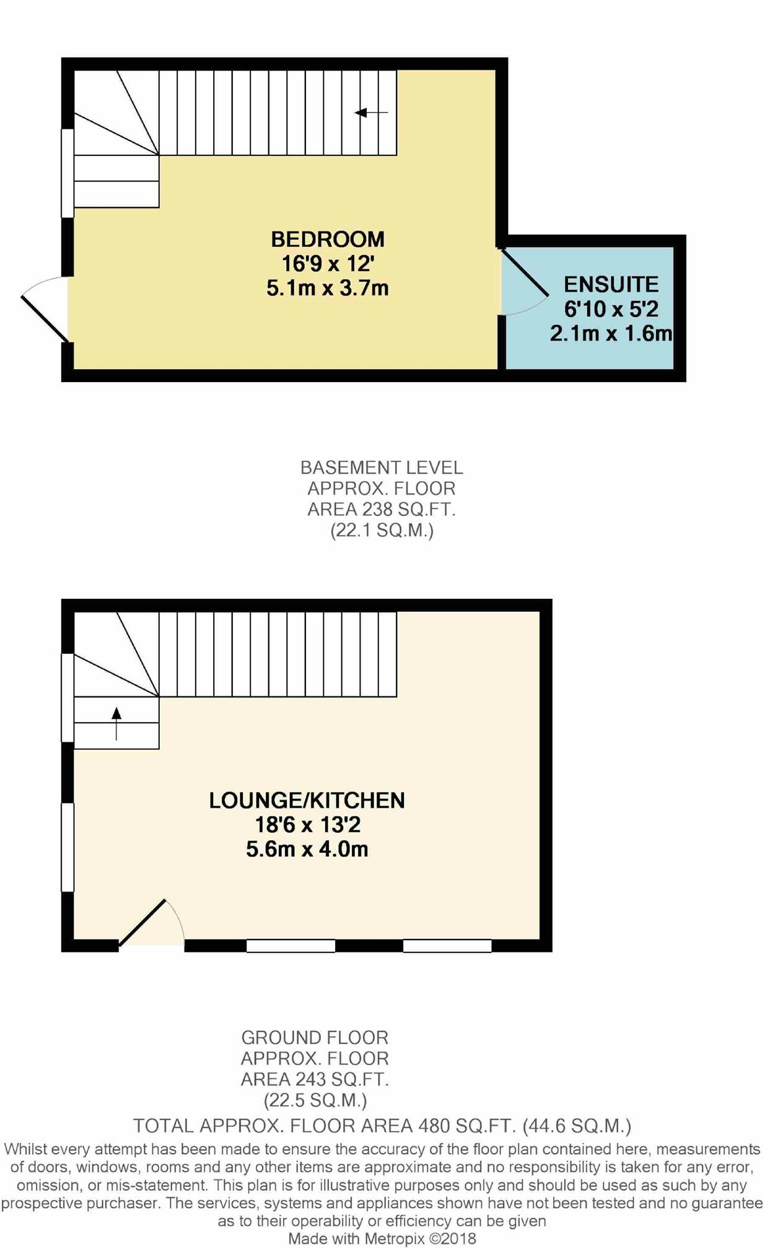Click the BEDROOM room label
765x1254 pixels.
tap(328, 239)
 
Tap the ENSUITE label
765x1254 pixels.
tap(611, 284)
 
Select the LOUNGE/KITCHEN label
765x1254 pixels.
tap(307, 800)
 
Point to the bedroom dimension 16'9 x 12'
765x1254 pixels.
tap(328, 264)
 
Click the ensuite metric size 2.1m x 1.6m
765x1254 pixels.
tap(611, 334)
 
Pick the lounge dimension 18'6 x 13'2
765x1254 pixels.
tap(307, 825)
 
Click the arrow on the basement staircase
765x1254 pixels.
tap(370, 113)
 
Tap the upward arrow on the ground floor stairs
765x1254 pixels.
tap(116, 722)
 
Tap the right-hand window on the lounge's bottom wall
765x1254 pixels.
tap(447, 946)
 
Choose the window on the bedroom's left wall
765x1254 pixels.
tap(68, 173)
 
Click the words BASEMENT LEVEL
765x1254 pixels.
tap(382, 468)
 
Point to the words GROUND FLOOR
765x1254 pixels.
tap(315, 1037)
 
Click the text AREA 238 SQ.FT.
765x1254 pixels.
tap(382, 510)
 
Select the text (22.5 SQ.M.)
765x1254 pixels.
tap(315, 1100)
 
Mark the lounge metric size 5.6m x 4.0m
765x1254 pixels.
tap(307, 849)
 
